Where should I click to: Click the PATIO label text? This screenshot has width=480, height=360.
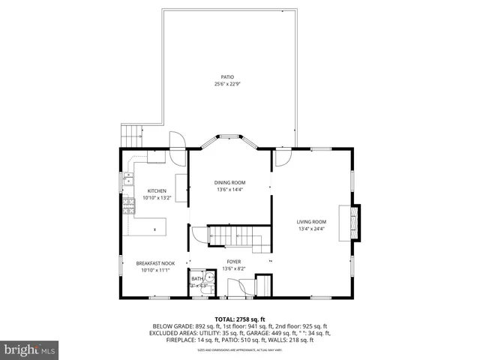tap(226, 76)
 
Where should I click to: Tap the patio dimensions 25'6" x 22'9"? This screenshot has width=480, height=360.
tap(226, 84)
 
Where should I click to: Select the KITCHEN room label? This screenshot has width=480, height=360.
tap(157, 190)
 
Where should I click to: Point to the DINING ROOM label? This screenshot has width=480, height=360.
tap(229, 182)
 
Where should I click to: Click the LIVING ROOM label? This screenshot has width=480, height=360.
tap(311, 221)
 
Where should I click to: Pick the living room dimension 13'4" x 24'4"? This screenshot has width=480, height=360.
tap(311, 229)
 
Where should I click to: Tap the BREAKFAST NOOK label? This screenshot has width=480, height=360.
tap(155, 263)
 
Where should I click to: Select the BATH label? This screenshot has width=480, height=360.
tap(196, 279)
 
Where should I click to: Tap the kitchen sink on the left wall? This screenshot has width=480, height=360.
tap(128, 180)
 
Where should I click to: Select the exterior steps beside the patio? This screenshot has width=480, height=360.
tap(132, 136)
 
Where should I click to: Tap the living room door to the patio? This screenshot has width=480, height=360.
tap(283, 156)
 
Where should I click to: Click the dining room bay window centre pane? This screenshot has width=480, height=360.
tap(229, 136)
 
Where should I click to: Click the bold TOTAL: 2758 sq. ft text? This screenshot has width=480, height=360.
tap(240, 319)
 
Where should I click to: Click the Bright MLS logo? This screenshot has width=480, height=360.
tap(30, 349)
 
